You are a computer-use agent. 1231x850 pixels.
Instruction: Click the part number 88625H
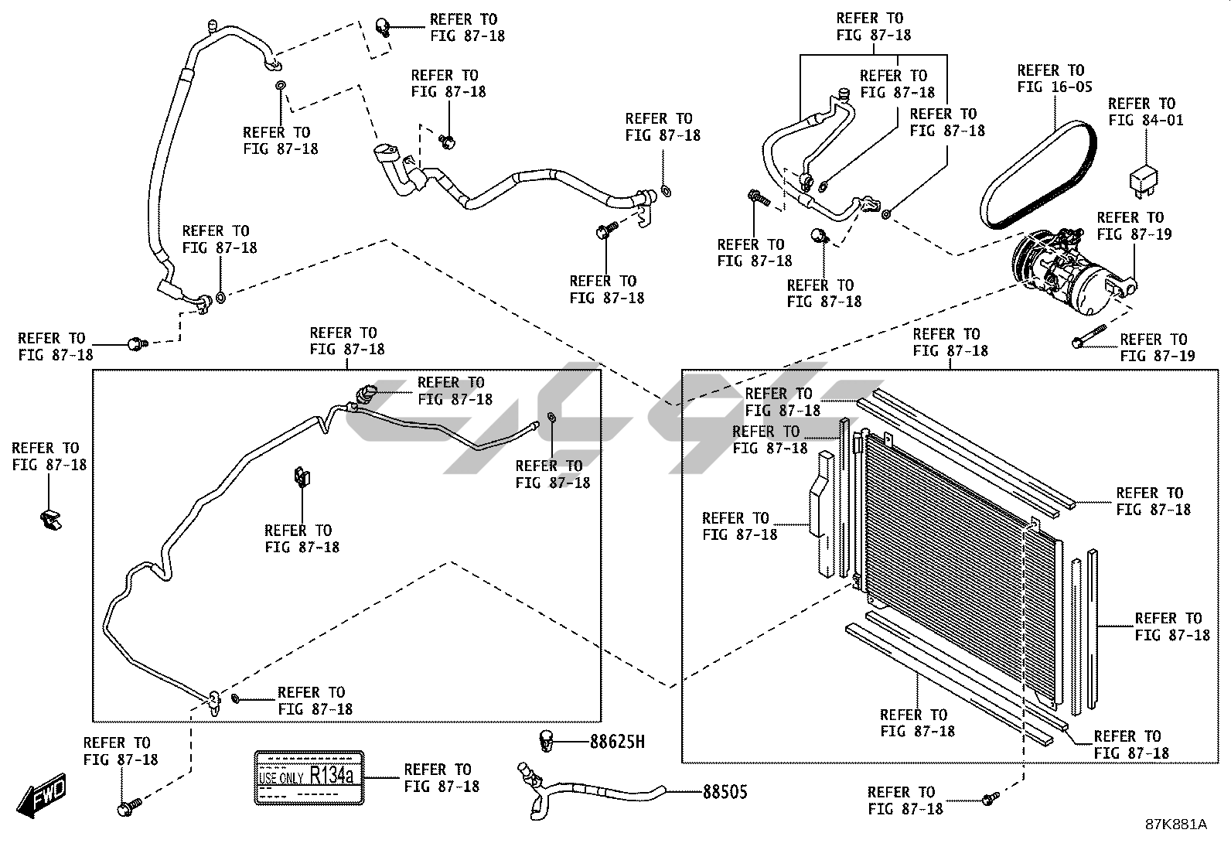coord(617,742)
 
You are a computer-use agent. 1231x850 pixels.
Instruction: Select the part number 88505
coord(725,792)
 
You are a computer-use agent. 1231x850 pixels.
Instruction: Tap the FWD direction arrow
coord(43,795)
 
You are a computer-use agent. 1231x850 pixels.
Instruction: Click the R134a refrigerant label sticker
coord(309,776)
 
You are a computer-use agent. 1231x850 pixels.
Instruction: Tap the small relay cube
coord(1140,178)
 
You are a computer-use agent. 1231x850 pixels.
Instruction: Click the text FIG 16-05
coord(1055,87)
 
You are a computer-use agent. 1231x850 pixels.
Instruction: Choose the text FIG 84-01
coord(1145,121)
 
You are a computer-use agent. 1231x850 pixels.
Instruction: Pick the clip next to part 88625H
coord(547,739)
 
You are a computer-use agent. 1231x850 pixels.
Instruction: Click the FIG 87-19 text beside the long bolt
coord(1157,357)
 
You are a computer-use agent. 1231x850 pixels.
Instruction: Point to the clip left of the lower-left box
coord(50,521)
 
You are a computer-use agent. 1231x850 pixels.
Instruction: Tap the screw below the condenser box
coord(990,799)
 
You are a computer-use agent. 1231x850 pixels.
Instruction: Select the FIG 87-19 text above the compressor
coord(1134,234)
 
